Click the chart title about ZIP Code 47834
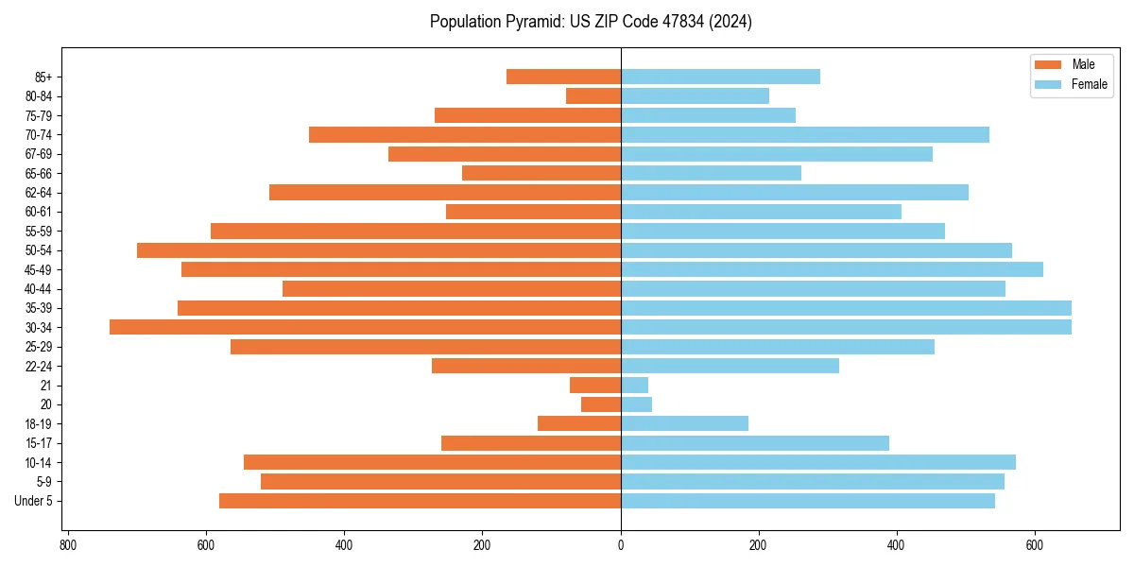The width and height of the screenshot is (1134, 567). (591, 22)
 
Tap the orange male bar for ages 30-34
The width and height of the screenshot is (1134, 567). (365, 327)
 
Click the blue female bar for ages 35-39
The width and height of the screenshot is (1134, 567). (846, 308)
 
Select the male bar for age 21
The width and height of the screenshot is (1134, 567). (595, 386)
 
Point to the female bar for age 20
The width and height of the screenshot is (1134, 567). (636, 404)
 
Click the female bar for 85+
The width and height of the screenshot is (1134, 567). (720, 77)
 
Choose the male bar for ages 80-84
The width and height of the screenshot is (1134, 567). (593, 95)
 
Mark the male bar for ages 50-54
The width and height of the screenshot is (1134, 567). (378, 250)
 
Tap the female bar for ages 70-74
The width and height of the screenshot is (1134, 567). (804, 134)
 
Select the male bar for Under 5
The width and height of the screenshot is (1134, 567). (420, 501)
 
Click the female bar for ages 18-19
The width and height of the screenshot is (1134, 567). (684, 423)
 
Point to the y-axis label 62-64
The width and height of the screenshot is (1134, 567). (39, 193)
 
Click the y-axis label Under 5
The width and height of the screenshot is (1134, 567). (34, 501)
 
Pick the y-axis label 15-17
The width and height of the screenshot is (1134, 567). (39, 443)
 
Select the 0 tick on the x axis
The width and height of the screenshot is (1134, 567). (621, 545)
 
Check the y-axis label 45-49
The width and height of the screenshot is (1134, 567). (39, 269)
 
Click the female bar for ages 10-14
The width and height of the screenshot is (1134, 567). (817, 462)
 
